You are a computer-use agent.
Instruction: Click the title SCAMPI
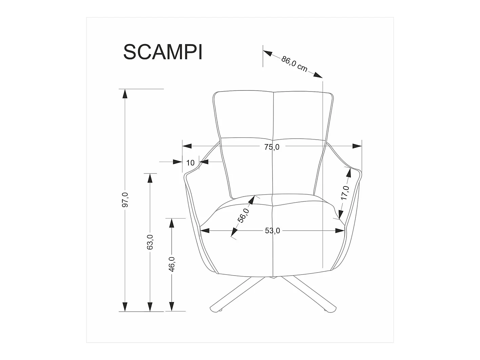click(x=163, y=52)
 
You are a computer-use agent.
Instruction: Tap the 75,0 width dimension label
click(x=272, y=146)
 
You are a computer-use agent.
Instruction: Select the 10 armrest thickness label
click(x=191, y=163)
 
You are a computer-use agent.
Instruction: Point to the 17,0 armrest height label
click(x=345, y=193)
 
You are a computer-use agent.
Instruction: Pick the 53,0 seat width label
click(x=272, y=231)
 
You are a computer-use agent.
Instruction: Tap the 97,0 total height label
click(x=125, y=199)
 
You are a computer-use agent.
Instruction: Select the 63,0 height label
click(x=150, y=242)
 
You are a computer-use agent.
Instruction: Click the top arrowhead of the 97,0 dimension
click(x=125, y=93)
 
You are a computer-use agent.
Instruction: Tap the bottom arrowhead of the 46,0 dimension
click(x=172, y=306)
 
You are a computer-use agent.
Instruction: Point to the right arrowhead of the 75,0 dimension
click(x=357, y=146)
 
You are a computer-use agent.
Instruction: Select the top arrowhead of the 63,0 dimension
click(x=150, y=178)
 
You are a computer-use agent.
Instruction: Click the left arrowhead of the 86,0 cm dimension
click(x=268, y=53)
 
